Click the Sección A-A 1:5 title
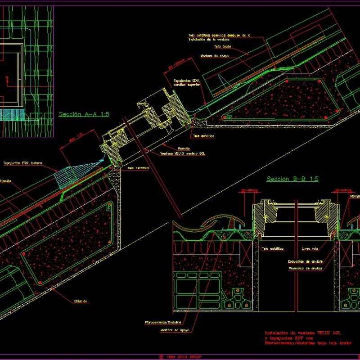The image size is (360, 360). [x=84, y=114]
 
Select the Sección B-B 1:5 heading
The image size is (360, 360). [x=292, y=179]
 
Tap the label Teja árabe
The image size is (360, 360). [x=224, y=46]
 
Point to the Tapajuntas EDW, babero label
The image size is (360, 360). [x=22, y=163]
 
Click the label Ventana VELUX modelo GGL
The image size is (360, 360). [x=183, y=153]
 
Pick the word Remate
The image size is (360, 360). [x=184, y=148]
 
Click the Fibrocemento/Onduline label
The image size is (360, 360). [x=163, y=322]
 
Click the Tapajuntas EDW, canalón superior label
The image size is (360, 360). [x=187, y=82]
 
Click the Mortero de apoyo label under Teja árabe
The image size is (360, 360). [x=216, y=56]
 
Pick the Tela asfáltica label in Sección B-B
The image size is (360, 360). [x=272, y=248]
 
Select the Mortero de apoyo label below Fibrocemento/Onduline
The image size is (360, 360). [x=175, y=330]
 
